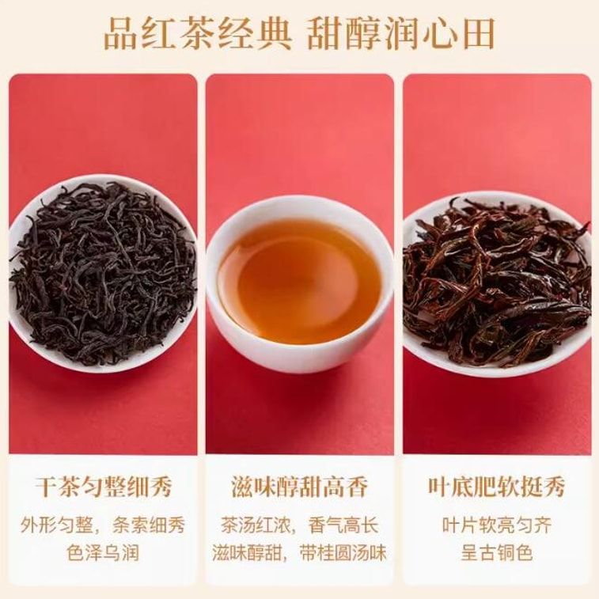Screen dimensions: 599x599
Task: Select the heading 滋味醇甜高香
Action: (299, 487)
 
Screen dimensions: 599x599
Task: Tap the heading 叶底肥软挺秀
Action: (497, 487)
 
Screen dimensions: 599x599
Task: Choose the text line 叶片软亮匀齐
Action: (497, 525)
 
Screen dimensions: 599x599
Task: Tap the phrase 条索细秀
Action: (146, 525)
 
